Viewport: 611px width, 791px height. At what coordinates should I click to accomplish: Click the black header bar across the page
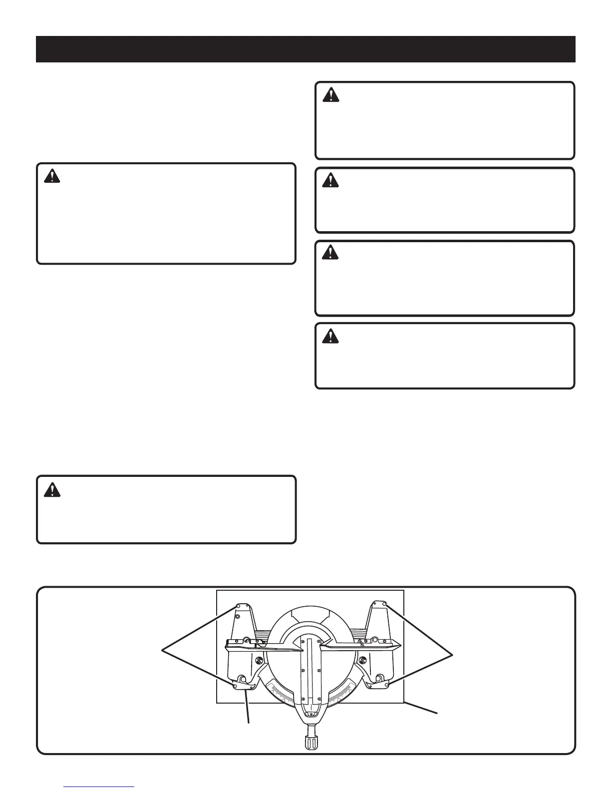point(305,49)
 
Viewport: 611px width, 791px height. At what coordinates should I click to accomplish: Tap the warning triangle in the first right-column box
point(329,95)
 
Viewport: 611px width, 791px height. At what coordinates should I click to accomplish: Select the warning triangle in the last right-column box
point(329,337)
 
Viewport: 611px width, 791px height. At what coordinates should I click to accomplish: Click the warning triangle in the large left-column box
point(51,176)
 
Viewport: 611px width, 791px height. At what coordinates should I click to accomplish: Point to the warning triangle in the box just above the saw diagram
point(51,489)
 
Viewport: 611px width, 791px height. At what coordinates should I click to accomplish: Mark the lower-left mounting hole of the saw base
point(235,687)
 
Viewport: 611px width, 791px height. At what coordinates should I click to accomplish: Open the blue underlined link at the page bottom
point(99,787)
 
